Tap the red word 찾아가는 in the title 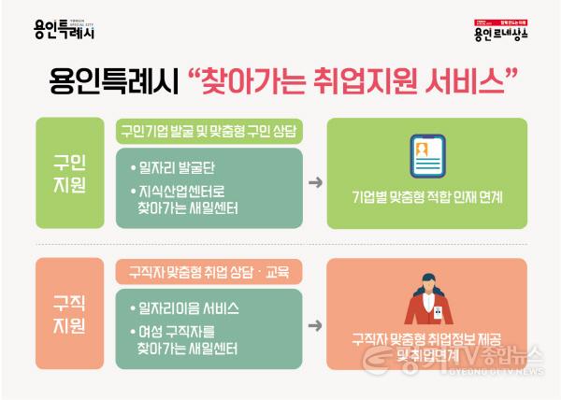pos(247,79)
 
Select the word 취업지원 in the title pos(355,79)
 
